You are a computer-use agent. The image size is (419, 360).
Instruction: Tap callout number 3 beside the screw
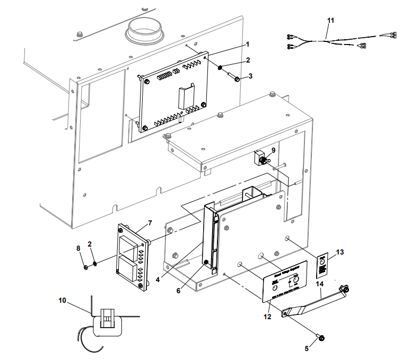tap(250, 76)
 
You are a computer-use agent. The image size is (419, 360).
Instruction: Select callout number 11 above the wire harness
tap(331, 20)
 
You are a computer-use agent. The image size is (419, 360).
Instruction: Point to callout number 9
tap(273, 150)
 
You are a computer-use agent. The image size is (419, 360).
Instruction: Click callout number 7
tap(150, 222)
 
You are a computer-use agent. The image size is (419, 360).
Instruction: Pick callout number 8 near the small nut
tap(78, 248)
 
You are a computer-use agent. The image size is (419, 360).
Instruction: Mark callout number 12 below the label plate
tap(267, 317)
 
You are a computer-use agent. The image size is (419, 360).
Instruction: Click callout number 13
tap(341, 252)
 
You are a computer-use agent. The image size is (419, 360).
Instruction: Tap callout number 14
tap(319, 284)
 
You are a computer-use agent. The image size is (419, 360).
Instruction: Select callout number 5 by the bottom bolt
tap(306, 348)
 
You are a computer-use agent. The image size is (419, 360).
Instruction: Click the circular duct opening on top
tap(145, 29)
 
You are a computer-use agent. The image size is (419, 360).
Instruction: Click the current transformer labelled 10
tap(108, 322)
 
